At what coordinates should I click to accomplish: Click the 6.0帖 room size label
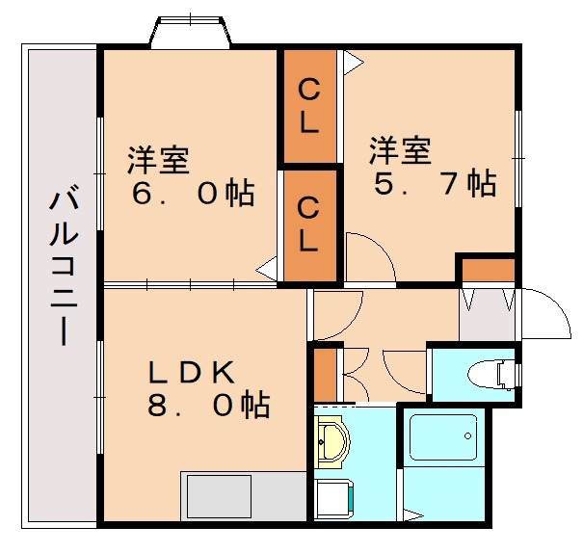[x=193, y=194]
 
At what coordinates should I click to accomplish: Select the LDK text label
[x=191, y=372]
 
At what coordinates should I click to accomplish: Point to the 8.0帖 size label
[x=207, y=406]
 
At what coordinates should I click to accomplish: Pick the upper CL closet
[x=308, y=106]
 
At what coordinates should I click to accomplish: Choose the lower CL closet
[x=308, y=223]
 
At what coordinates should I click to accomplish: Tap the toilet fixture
[x=486, y=374]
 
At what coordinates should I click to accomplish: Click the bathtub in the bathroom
[x=442, y=442]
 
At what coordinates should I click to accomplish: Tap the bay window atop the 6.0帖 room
[x=190, y=33]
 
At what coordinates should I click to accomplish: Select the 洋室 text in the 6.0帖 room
[x=158, y=160]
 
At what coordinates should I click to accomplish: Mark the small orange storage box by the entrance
[x=486, y=269]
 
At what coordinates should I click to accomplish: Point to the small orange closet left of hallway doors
[x=325, y=374]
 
